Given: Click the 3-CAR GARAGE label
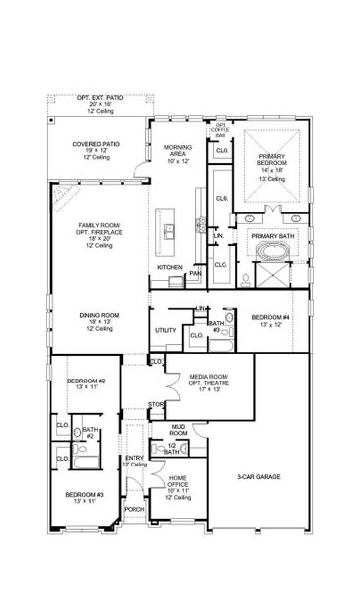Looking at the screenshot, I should pyautogui.click(x=260, y=477).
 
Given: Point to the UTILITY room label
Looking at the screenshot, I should pyautogui.click(x=165, y=331).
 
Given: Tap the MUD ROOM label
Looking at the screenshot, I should pyautogui.click(x=179, y=428).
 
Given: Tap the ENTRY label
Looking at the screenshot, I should pyautogui.click(x=133, y=458).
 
